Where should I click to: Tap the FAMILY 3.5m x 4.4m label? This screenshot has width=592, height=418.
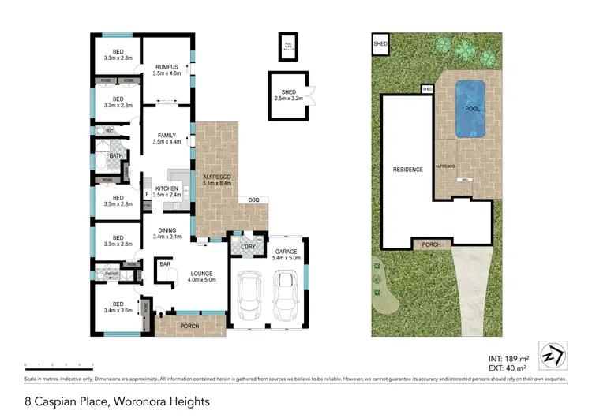(167, 139)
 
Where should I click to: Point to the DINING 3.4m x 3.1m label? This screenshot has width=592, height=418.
(167, 233)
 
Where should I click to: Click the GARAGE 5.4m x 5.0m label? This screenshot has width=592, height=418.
(287, 255)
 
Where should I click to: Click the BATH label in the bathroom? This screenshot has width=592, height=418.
(115, 155)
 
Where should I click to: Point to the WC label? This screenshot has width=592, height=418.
(110, 130)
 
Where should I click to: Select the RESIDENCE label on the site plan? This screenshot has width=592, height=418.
(408, 170)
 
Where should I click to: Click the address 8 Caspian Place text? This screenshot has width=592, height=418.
(118, 401)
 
